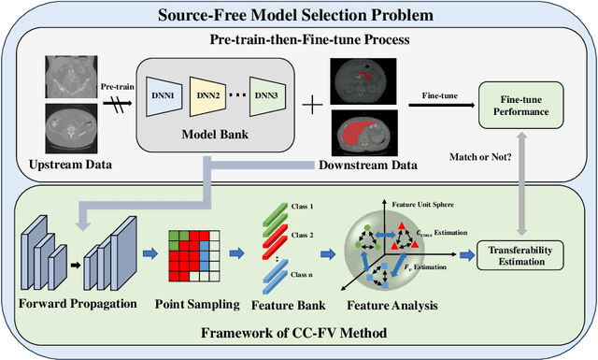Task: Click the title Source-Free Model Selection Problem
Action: tap(298, 16)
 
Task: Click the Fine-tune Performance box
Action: tap(527, 101)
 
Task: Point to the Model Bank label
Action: tap(213, 132)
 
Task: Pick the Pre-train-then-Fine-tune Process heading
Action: tap(298, 41)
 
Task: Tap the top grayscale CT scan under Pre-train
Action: tap(71, 79)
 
